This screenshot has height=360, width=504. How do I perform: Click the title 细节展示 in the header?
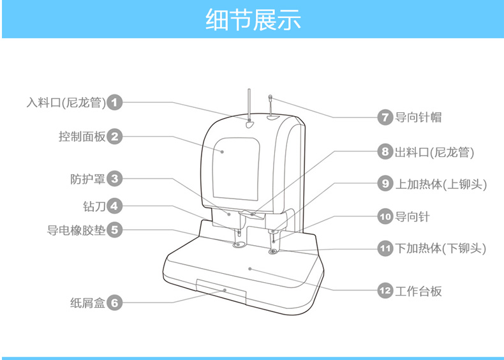coord(252,20)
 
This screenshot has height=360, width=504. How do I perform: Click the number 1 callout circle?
coord(114,101)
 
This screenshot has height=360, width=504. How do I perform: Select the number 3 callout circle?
coord(114,179)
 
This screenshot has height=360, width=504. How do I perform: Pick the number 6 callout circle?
coord(114,303)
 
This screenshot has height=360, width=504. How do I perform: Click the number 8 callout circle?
coord(385,152)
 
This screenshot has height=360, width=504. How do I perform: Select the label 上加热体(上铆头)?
coord(441,184)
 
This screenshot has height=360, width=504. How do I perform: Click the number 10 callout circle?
coord(385,216)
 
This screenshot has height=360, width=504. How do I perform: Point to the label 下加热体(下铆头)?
coord(441,248)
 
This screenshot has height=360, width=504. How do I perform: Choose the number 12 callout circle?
coord(385,291)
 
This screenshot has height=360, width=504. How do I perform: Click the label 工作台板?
coord(419,291)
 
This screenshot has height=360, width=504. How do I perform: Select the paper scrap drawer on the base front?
coord(221,290)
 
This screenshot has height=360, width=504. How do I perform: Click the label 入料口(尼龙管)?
coord(66,101)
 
